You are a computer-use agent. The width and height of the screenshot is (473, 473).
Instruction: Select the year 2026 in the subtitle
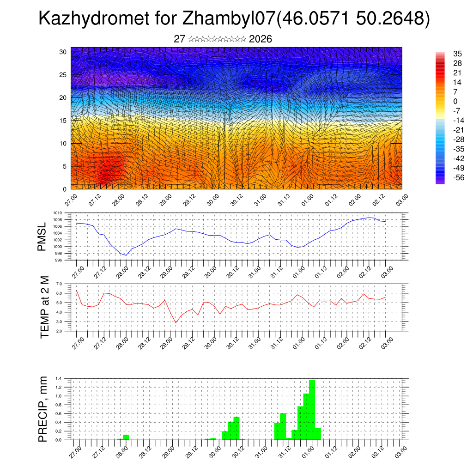tap(260, 39)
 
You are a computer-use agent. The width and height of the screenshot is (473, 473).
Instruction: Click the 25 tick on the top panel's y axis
tap(63, 75)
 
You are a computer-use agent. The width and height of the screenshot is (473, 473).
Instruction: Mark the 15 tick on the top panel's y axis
tap(63, 121)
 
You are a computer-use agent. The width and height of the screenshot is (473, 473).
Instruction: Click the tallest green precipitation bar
tap(312, 409)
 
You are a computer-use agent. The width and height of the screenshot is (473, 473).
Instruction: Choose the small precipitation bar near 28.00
tap(126, 437)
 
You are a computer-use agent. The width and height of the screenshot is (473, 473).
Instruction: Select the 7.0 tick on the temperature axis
tap(59, 284)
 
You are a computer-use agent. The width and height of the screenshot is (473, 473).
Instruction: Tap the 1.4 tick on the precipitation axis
tap(59, 378)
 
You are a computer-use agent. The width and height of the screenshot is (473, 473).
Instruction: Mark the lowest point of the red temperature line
tap(176, 322)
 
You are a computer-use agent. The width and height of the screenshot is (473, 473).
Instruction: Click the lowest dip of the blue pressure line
tap(126, 255)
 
